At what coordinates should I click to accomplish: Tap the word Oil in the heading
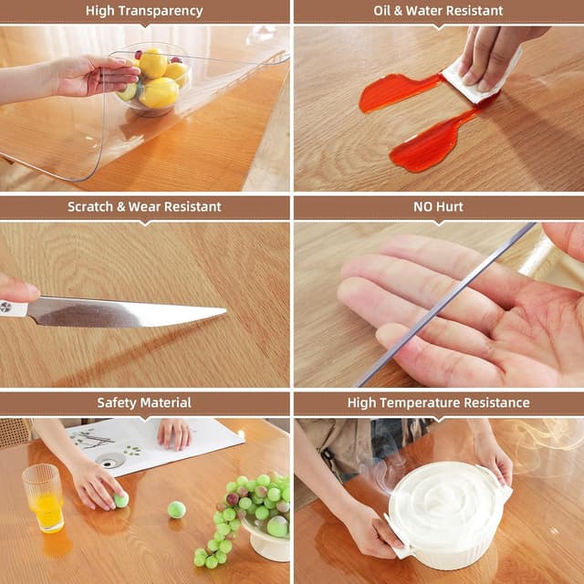pyautogui.click(x=384, y=11)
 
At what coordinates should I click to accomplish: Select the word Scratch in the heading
pyautogui.click(x=89, y=207)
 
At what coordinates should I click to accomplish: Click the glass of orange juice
pyautogui.click(x=43, y=497)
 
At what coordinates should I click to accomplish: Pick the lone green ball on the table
pyautogui.click(x=176, y=509)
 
